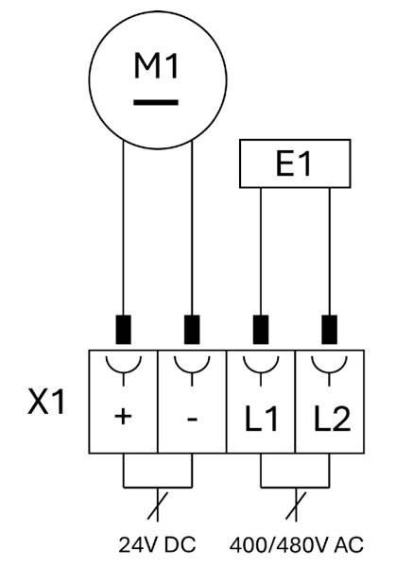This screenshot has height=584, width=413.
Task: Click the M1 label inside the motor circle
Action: tap(156, 66)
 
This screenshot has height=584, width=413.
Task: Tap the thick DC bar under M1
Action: tap(156, 102)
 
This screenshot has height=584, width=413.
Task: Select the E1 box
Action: tap(295, 163)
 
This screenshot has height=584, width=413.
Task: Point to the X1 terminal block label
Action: tap(46, 402)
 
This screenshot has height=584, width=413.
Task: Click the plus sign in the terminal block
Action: tap(123, 417)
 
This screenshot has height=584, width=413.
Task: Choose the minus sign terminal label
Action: tap(192, 420)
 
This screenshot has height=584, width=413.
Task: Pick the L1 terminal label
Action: tap(261, 419)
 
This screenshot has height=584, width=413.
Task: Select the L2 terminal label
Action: tap(332, 419)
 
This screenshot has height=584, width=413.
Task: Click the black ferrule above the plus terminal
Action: tap(123, 329)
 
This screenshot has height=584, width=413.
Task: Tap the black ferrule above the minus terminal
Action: tap(192, 329)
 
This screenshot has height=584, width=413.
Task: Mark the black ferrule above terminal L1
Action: tap(261, 329)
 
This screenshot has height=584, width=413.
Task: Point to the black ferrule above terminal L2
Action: tap(329, 329)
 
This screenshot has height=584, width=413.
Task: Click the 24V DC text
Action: tap(157, 545)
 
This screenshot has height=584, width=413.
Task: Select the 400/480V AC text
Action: tap(297, 545)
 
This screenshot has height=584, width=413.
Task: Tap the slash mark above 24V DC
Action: tap(158, 506)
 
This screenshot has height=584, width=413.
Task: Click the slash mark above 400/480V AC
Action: tap(296, 506)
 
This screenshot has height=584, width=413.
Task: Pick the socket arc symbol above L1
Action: tap(261, 369)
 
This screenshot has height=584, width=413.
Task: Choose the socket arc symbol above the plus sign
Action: tap(123, 369)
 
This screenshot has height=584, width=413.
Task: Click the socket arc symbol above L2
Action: tap(329, 369)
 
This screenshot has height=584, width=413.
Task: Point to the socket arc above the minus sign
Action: tap(192, 369)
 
